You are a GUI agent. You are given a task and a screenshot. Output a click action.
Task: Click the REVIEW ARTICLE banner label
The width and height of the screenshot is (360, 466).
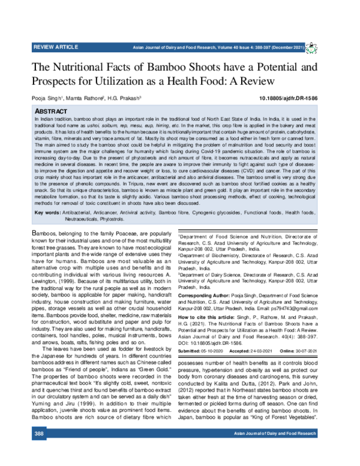(x=41, y=46)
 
